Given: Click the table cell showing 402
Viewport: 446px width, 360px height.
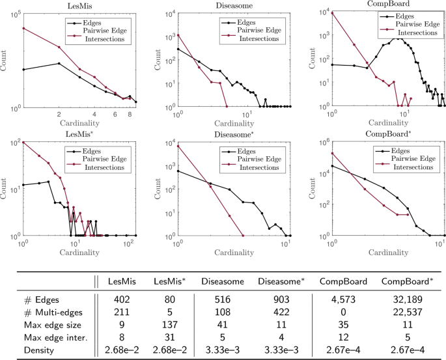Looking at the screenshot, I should tap(122, 299).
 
